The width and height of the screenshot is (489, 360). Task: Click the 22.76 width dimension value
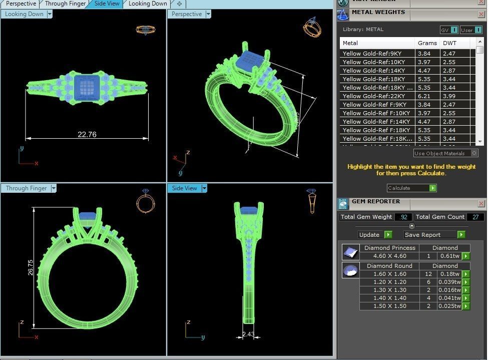click(87, 134)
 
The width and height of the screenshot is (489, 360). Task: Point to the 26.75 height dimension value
click(31, 267)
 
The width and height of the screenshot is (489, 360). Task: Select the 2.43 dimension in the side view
click(248, 334)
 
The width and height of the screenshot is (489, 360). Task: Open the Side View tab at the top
click(107, 4)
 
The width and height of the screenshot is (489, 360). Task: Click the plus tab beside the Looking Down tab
click(179, 4)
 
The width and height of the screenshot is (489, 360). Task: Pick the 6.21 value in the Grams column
click(424, 96)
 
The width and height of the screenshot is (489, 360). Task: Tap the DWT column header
click(450, 43)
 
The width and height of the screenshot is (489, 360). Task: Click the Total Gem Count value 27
click(475, 217)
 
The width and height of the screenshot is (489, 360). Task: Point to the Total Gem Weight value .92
click(403, 217)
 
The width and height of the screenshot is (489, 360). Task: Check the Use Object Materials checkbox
click(474, 153)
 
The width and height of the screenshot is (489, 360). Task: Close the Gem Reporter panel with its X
click(481, 204)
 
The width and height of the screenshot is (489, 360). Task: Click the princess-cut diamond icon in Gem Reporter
click(350, 252)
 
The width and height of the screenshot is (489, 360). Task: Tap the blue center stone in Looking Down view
click(87, 88)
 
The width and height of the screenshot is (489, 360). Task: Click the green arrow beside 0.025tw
click(466, 306)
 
